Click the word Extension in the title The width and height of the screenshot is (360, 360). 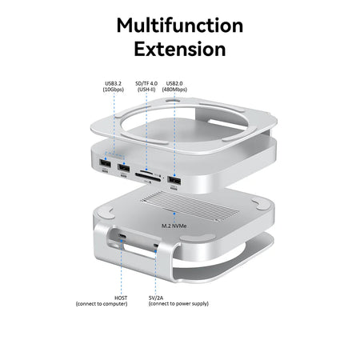point(179,50)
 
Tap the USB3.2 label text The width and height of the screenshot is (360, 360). point(114,82)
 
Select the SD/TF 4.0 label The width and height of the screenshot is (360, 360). point(147,82)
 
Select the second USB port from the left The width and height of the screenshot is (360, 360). point(124,169)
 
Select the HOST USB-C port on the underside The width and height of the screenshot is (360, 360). point(122,238)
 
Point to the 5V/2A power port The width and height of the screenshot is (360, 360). point(156,239)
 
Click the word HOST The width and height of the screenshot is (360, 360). point(121,297)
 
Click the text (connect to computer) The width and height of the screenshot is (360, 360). point(102,304)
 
